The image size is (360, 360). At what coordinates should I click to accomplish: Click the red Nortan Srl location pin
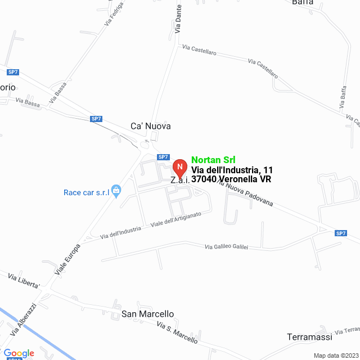(x=179, y=168)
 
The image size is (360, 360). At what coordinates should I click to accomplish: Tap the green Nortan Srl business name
(x=213, y=159)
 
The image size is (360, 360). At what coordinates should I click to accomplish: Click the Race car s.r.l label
(x=86, y=192)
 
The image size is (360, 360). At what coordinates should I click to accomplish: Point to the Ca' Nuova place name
(x=150, y=127)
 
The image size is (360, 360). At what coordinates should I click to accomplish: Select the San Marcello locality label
(x=148, y=314)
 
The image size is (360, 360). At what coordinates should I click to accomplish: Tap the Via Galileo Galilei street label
(x=234, y=246)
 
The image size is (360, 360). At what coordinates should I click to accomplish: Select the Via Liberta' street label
(x=24, y=281)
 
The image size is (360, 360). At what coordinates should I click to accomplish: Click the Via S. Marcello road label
(x=177, y=333)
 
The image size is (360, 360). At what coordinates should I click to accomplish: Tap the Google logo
(x=19, y=353)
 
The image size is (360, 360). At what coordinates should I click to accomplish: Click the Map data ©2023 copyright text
(x=336, y=355)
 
